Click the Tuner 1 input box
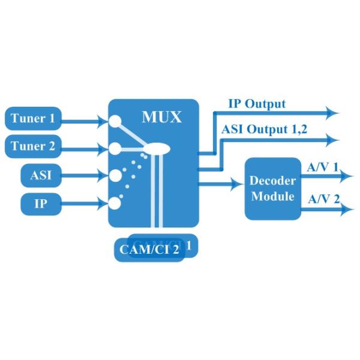(x=37, y=119)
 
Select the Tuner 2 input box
(x=37, y=146)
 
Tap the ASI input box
(x=41, y=175)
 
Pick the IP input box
(x=41, y=203)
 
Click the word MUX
(x=161, y=116)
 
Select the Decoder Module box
(x=272, y=188)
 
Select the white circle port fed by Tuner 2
(x=115, y=148)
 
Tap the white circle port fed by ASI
(x=115, y=175)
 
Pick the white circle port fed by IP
(x=115, y=202)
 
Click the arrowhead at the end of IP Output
(x=332, y=112)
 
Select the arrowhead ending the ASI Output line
(x=332, y=140)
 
